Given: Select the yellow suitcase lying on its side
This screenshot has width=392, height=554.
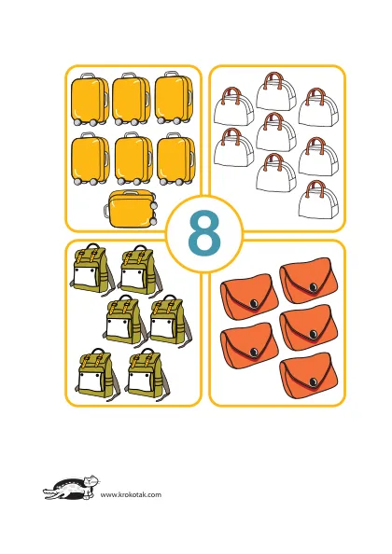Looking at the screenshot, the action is tap(130, 209).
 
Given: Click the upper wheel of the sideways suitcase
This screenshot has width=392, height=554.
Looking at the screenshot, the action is tap(153, 204).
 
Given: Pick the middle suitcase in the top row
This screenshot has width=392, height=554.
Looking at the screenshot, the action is tap(132, 99).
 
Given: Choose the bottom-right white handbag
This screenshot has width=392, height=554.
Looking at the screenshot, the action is tap(318, 200).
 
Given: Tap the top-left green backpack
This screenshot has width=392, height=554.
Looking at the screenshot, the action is tap(93, 270).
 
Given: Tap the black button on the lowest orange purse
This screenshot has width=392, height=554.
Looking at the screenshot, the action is tap(313, 381).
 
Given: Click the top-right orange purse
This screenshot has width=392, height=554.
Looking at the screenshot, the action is tap(308, 281).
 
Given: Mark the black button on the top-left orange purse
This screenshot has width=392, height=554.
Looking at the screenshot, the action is tap(254, 304).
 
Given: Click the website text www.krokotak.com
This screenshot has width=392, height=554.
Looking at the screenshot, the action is tap(131, 494).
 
